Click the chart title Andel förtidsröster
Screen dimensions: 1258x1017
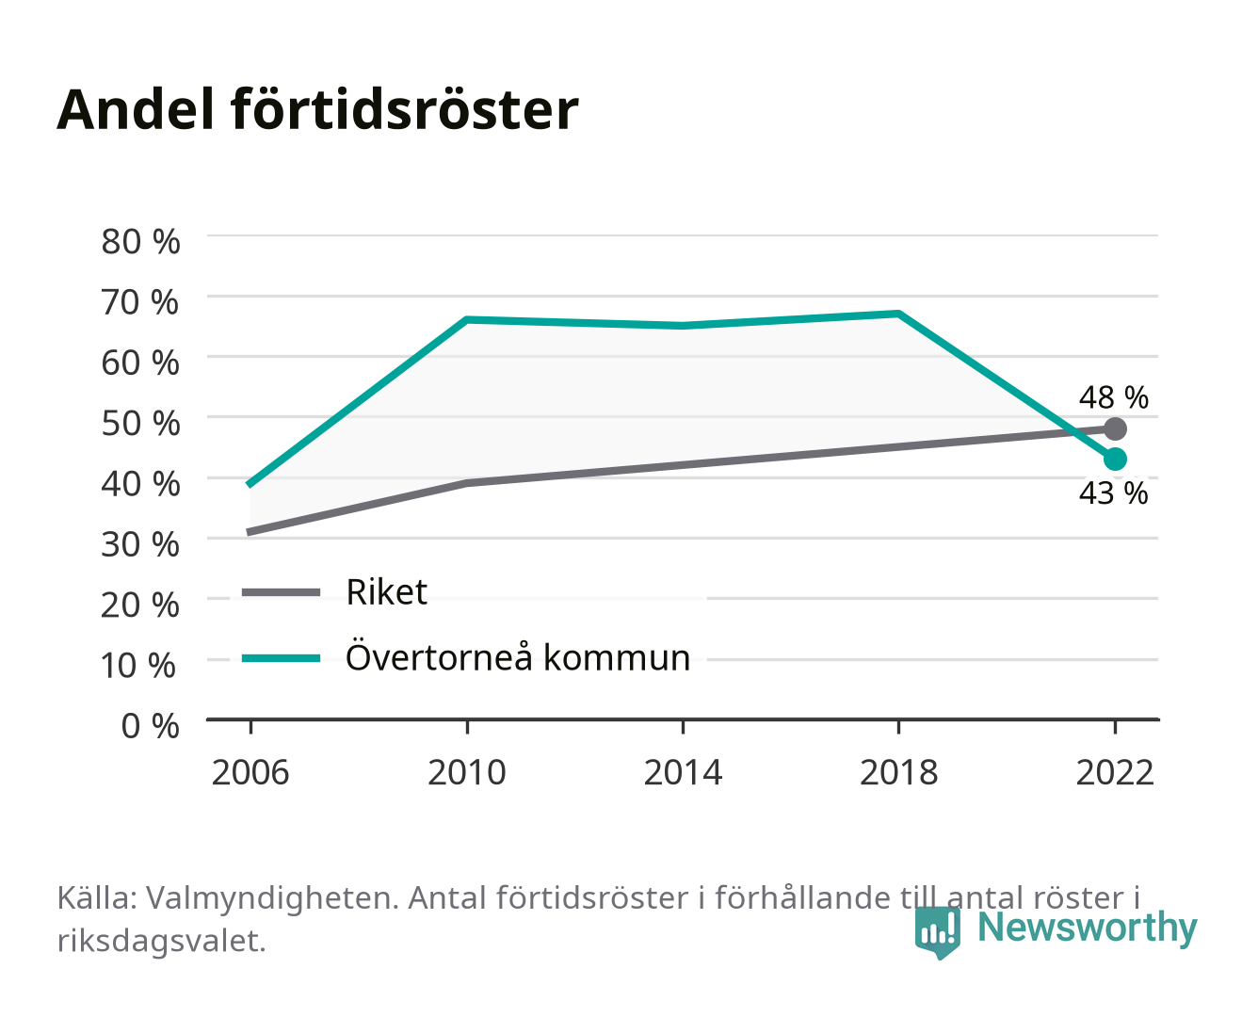coord(317,109)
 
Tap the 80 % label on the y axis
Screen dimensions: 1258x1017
coord(140,242)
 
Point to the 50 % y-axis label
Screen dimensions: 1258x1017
coord(140,424)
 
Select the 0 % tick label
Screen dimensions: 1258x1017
coord(150,726)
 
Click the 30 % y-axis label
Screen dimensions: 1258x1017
coord(140,544)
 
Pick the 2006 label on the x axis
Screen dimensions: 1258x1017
coord(250,772)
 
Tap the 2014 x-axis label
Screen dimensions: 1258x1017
coord(683,772)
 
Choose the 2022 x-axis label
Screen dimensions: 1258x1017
coord(1115,772)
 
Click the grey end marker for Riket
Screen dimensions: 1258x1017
coord(1115,428)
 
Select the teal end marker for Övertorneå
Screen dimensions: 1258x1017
coord(1115,459)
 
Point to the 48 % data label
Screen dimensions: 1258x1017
coord(1114,397)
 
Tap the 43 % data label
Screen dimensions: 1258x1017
coord(1114,493)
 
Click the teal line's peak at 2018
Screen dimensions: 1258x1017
coord(898,314)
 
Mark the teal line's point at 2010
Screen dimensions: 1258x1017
coord(467,319)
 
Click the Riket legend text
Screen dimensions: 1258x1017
coord(387,591)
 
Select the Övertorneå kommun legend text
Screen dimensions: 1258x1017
coord(518,657)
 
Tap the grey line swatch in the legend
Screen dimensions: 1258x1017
coord(282,591)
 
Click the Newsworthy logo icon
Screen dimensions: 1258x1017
coord(937,932)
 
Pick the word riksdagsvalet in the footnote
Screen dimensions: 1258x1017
coord(161,942)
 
